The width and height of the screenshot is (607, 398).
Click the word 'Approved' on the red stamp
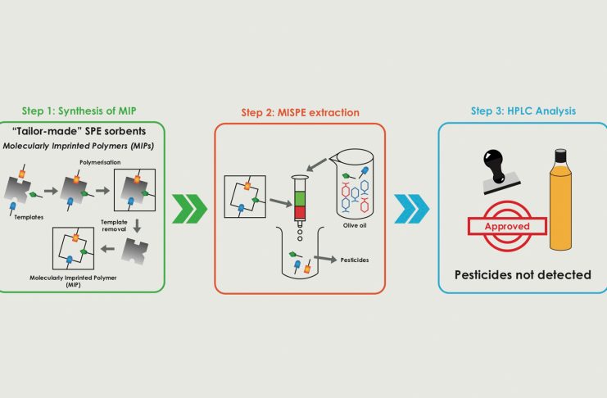pos(505,225)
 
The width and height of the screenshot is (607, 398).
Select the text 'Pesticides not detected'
pos(522,274)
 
